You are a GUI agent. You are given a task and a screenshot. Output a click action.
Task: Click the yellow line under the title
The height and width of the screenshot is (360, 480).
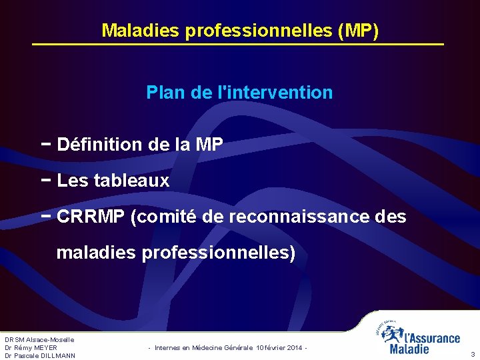[x=238, y=44]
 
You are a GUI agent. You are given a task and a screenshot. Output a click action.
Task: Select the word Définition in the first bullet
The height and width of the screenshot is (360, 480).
[x=99, y=144]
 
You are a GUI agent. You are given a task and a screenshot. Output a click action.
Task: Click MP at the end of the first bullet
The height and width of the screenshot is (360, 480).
[x=209, y=144]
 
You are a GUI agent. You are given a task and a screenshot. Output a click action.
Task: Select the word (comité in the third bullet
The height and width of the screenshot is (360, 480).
[x=163, y=217]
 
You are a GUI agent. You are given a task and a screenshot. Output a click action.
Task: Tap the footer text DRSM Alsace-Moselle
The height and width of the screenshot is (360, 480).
[x=39, y=340]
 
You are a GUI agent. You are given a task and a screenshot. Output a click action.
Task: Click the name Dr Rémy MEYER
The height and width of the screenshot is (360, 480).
[x=31, y=347]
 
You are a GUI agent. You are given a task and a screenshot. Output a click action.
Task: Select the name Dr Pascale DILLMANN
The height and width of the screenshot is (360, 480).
[x=40, y=355]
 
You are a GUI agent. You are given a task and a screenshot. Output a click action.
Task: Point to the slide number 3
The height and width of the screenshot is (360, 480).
[x=473, y=354]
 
